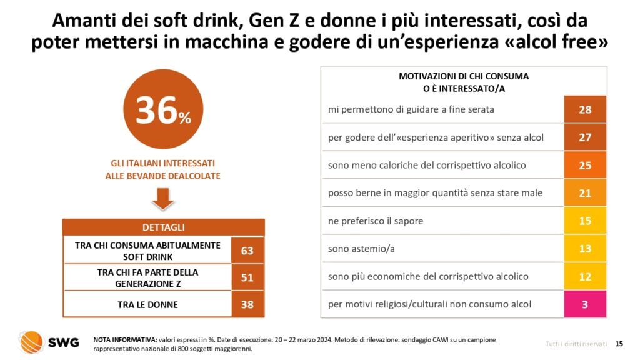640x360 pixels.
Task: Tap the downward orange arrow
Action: pyautogui.click(x=163, y=199)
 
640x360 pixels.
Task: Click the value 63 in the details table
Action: pyautogui.click(x=247, y=251)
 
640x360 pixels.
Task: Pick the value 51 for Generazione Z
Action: pyautogui.click(x=247, y=277)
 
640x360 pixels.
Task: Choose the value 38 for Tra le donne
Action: pyautogui.click(x=247, y=304)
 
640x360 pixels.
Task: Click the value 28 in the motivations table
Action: pyautogui.click(x=585, y=109)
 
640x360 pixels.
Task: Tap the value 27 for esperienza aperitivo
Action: pyautogui.click(x=585, y=137)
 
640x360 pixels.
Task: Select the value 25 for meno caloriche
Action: pyautogui.click(x=585, y=165)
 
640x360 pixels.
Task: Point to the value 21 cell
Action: pyautogui.click(x=585, y=193)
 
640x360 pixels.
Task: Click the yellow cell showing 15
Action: pyautogui.click(x=585, y=221)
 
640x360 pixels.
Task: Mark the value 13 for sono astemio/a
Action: pyautogui.click(x=585, y=249)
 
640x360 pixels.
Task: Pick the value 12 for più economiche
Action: pyautogui.click(x=585, y=277)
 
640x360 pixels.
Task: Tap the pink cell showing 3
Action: pyautogui.click(x=585, y=304)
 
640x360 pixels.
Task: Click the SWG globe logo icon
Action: pyautogui.click(x=31, y=342)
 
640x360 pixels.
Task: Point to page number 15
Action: pyautogui.click(x=619, y=343)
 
